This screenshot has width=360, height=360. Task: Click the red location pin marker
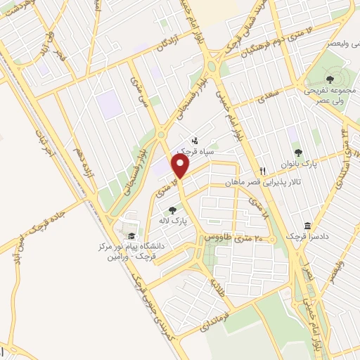point(181,167)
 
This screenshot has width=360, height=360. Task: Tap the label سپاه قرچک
point(194,151)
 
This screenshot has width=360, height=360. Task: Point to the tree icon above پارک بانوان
point(298,153)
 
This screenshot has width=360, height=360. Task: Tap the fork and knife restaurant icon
point(262,170)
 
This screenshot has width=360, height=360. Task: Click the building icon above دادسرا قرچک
point(307,226)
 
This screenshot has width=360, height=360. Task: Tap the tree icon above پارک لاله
point(172,210)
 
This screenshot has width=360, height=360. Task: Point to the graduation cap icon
point(131,236)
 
